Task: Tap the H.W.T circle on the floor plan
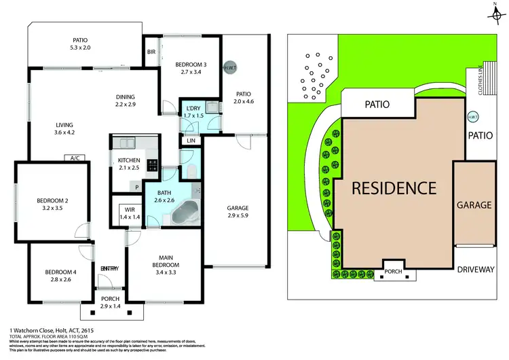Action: (x=231, y=67)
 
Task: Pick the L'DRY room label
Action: (x=191, y=109)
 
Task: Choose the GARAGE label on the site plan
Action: (x=474, y=204)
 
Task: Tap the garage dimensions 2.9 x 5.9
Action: (x=237, y=216)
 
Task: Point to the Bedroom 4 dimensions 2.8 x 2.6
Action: (x=58, y=278)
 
